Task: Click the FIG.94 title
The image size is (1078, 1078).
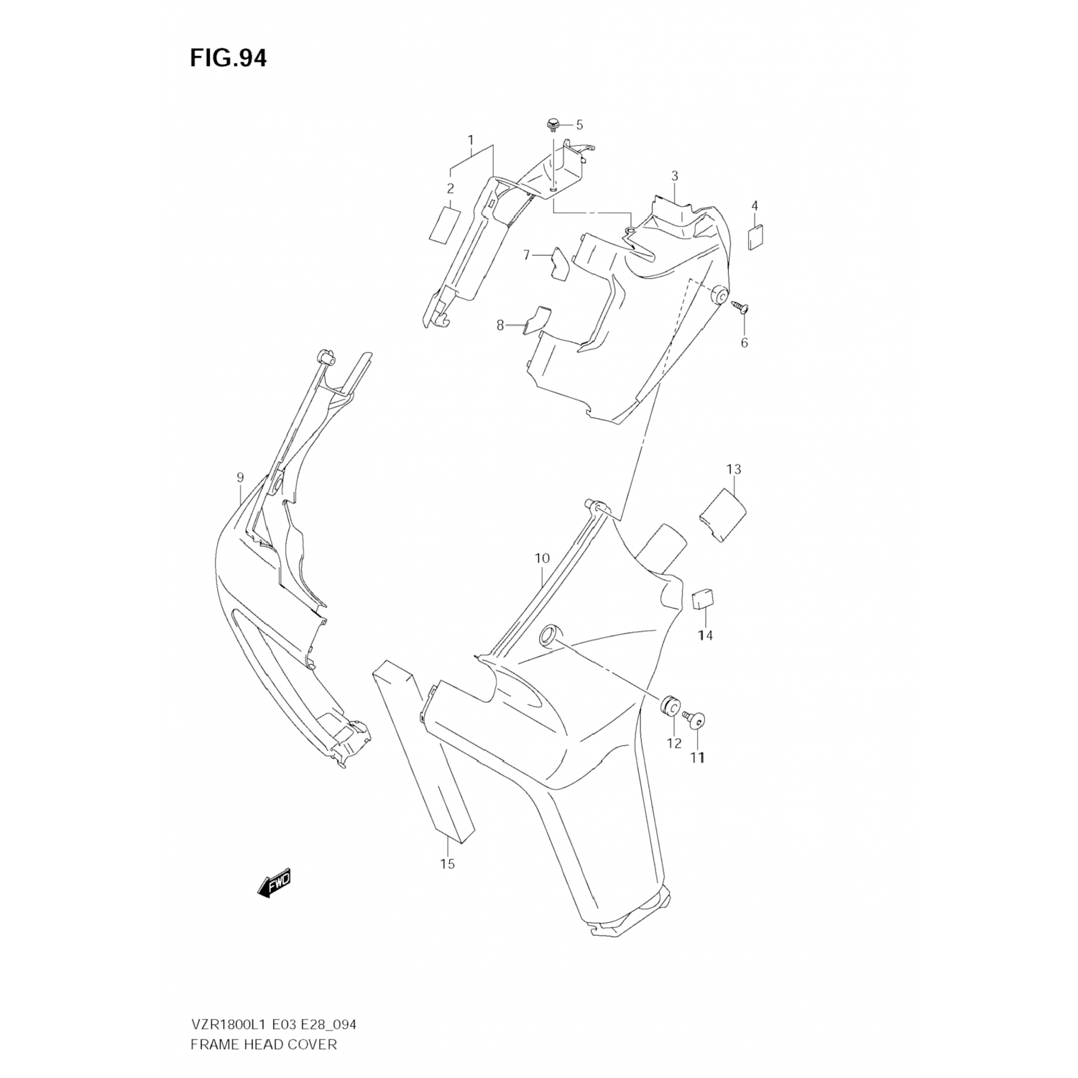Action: click(x=228, y=58)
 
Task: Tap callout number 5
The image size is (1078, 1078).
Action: click(x=579, y=125)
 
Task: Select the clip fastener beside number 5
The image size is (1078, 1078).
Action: click(x=553, y=125)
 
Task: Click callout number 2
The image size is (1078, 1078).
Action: click(x=451, y=189)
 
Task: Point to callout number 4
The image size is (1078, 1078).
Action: click(x=755, y=206)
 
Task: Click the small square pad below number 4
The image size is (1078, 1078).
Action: click(x=755, y=236)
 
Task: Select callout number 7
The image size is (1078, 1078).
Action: click(x=526, y=255)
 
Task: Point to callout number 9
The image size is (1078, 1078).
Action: click(x=240, y=477)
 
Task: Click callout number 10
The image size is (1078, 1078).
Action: click(x=542, y=558)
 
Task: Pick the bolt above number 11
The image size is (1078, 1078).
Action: click(x=696, y=719)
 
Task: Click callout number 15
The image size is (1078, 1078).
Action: click(x=447, y=864)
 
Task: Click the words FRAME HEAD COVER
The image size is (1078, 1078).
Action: click(x=263, y=1044)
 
